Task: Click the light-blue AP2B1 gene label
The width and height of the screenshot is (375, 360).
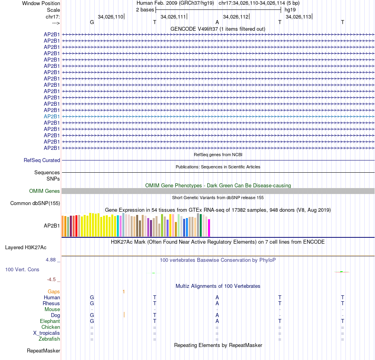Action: coord(52,116)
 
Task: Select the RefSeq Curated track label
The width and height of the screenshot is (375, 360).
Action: coord(42,160)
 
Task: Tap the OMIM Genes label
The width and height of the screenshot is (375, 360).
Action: coord(45,191)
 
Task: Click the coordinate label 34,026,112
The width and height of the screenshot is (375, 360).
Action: coord(236,17)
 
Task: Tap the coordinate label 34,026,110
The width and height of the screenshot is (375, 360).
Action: coord(111,17)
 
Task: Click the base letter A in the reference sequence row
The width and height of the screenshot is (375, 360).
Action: coord(217,22)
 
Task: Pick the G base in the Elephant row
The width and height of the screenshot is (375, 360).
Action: coord(92,321)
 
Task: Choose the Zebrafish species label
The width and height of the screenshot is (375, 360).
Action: coord(49,339)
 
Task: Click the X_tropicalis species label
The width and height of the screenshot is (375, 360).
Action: coord(47,333)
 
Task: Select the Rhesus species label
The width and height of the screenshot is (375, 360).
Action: coord(51,303)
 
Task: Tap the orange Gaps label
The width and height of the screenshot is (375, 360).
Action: coord(54,291)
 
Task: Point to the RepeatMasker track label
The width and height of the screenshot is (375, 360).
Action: coord(43,351)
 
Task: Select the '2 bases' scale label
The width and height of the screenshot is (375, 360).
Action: coord(145,9)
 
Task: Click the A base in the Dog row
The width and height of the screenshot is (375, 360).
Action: coord(217,315)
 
